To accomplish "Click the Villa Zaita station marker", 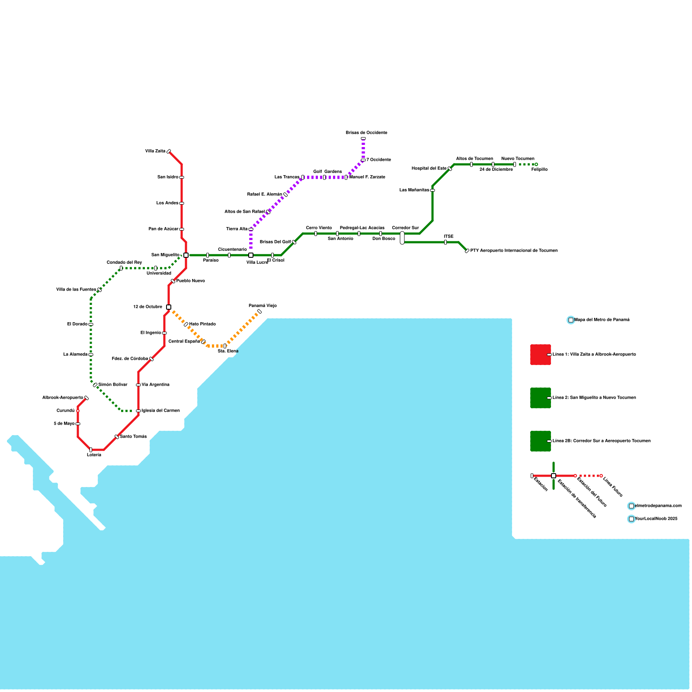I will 169,151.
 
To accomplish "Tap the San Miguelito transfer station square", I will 186,255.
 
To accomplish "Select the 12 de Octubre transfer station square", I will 169,307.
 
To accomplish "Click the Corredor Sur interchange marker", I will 402,238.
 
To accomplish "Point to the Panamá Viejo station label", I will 263,306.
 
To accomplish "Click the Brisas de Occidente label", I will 366,133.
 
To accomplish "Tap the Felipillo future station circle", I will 536,164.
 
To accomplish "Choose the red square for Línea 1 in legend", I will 541,355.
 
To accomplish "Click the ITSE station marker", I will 445,242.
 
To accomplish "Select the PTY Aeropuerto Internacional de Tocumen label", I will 514,251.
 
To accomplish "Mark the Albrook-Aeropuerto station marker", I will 86,398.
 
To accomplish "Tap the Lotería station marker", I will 91,450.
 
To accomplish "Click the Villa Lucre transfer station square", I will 251,255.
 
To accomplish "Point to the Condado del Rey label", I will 124,263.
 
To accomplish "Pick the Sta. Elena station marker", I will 225,346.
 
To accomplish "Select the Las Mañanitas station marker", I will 432,190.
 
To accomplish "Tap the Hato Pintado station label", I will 202,324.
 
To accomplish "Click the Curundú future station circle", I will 78,411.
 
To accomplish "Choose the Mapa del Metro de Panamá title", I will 602,320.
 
